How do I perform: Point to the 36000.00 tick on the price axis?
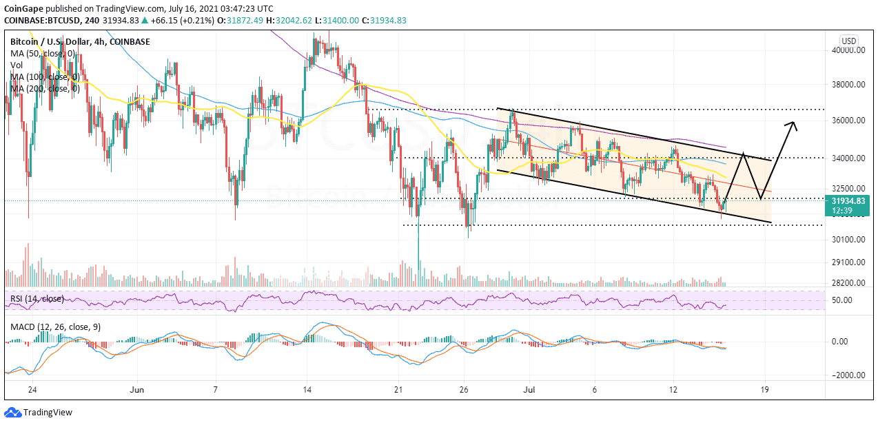848,121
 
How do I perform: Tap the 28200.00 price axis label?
848,283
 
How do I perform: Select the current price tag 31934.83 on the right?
849,200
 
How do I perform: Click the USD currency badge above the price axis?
848,41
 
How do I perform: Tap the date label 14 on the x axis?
307,389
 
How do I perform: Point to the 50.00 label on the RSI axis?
841,300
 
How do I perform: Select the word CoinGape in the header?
23,8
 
